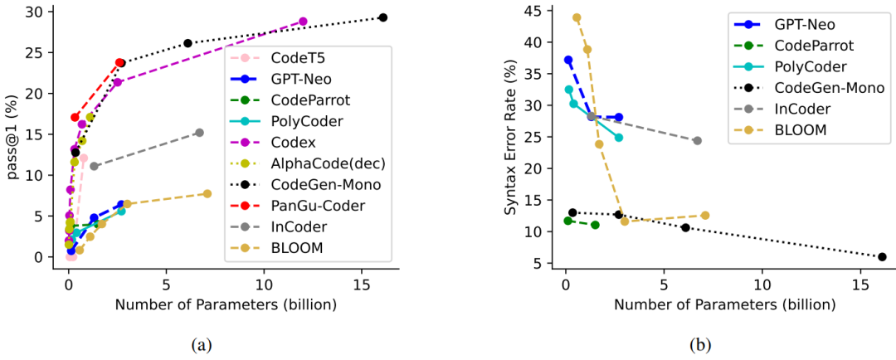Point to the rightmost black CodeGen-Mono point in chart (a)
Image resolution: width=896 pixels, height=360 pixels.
coord(382,17)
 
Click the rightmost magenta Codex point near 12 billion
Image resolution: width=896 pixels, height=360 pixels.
coord(303,22)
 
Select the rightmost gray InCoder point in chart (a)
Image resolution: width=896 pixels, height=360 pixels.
coord(199,133)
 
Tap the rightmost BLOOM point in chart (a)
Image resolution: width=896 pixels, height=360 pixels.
coord(207,193)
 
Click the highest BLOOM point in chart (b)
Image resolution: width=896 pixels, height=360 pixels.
coord(577,17)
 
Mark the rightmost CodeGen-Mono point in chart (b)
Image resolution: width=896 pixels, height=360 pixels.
coord(882,256)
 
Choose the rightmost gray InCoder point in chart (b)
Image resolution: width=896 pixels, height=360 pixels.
coord(697,140)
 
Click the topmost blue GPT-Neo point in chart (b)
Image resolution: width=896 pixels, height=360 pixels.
coord(568,60)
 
